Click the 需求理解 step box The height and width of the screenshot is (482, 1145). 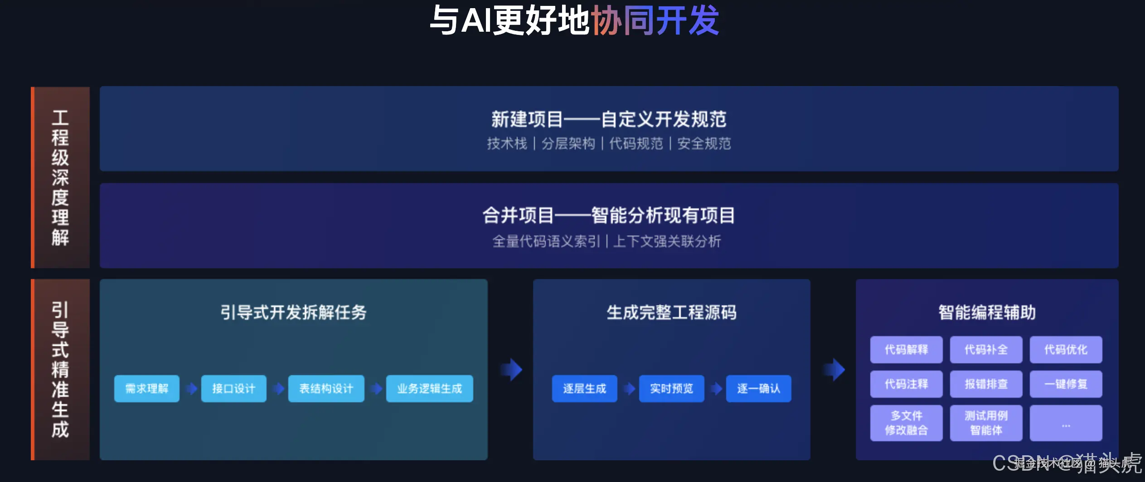(x=146, y=388)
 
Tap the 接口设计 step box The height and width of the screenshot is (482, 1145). (x=233, y=388)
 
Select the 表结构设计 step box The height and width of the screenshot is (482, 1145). (x=326, y=388)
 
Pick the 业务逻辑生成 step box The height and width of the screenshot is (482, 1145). (x=429, y=388)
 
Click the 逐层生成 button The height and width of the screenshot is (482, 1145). (x=584, y=388)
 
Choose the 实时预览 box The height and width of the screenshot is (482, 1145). (x=671, y=388)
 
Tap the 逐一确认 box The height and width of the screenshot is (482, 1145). (x=758, y=388)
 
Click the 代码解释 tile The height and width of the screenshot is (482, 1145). (x=906, y=349)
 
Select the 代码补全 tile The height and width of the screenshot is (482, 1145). (x=986, y=349)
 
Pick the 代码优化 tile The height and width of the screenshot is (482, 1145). (x=1066, y=349)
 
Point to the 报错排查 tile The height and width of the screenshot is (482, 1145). (x=986, y=384)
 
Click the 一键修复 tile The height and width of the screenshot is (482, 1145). (x=1066, y=384)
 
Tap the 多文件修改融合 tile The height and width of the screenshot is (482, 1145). (x=906, y=423)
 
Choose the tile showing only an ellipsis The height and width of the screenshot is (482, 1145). (x=1066, y=423)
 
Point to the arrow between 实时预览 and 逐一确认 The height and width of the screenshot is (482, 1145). (x=716, y=388)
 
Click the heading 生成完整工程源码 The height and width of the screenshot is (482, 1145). (x=671, y=312)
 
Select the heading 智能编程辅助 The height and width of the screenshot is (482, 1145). (x=987, y=312)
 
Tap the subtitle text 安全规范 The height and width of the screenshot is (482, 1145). (x=704, y=144)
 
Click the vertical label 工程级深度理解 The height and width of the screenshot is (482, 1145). (x=60, y=177)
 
